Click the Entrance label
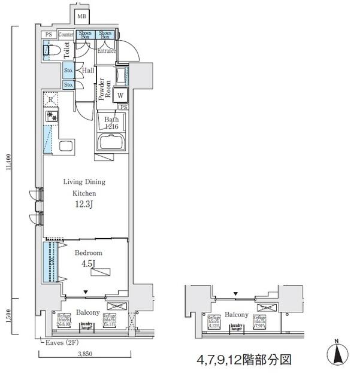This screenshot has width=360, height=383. coord(106,51)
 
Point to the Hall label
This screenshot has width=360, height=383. coord(88,71)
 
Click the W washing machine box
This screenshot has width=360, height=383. coord(120,95)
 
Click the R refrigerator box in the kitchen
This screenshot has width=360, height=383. coord(52,99)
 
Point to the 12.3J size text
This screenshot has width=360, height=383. coord(84,205)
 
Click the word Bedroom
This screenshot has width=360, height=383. coord(88,253)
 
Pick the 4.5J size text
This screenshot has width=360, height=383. coord(87,264)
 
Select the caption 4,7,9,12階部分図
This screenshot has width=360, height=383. coord(244,360)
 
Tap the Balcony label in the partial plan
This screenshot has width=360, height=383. coord(237,315)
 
